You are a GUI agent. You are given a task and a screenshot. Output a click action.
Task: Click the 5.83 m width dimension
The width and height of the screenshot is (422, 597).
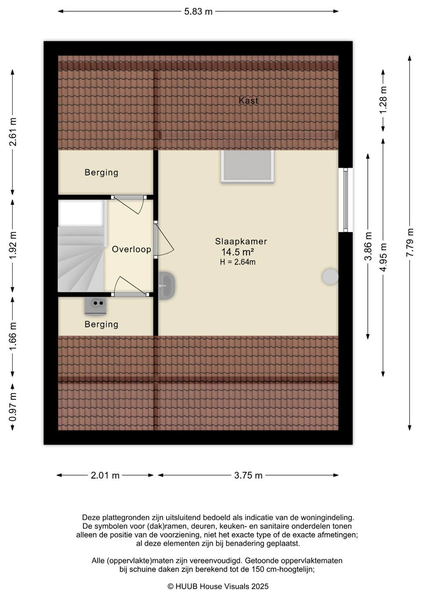coord(198,12)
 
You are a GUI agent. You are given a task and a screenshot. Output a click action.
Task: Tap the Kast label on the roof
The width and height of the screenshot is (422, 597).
coord(248,100)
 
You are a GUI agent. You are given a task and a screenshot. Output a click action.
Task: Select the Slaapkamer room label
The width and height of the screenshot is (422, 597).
coord(241,241)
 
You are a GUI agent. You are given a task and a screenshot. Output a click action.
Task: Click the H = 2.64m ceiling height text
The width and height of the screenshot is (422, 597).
coord(238,262)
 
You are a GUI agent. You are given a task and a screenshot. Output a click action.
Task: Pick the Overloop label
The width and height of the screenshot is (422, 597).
coord(131,249)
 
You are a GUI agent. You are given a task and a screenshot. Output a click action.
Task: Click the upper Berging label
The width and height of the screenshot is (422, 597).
coord(101,172)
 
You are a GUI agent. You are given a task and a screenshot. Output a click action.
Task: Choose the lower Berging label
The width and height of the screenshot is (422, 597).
coord(101,324)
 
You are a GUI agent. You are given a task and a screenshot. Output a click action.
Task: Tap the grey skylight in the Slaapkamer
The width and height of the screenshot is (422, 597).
coord(247,166)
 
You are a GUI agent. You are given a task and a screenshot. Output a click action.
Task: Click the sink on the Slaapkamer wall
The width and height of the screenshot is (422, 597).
coord(167,285)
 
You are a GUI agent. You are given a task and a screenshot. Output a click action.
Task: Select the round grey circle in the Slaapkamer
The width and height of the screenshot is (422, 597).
coord(330,277)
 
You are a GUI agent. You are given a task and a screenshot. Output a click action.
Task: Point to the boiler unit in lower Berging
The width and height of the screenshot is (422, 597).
coord(95,306)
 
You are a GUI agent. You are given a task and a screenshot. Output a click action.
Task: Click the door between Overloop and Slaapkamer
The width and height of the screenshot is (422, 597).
coord(163,240)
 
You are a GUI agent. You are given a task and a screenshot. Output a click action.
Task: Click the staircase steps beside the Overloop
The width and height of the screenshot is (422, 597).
coord(81,259)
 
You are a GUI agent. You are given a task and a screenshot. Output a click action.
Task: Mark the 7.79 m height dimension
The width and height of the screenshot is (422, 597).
coord(410,243)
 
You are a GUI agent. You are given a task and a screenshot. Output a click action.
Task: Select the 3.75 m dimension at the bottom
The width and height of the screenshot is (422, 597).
coord(248,476)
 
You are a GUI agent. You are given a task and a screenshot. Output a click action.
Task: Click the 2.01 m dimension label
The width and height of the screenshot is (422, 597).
coord(105,476)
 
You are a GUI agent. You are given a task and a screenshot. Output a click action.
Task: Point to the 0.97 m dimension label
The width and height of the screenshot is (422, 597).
coord(12,407)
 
